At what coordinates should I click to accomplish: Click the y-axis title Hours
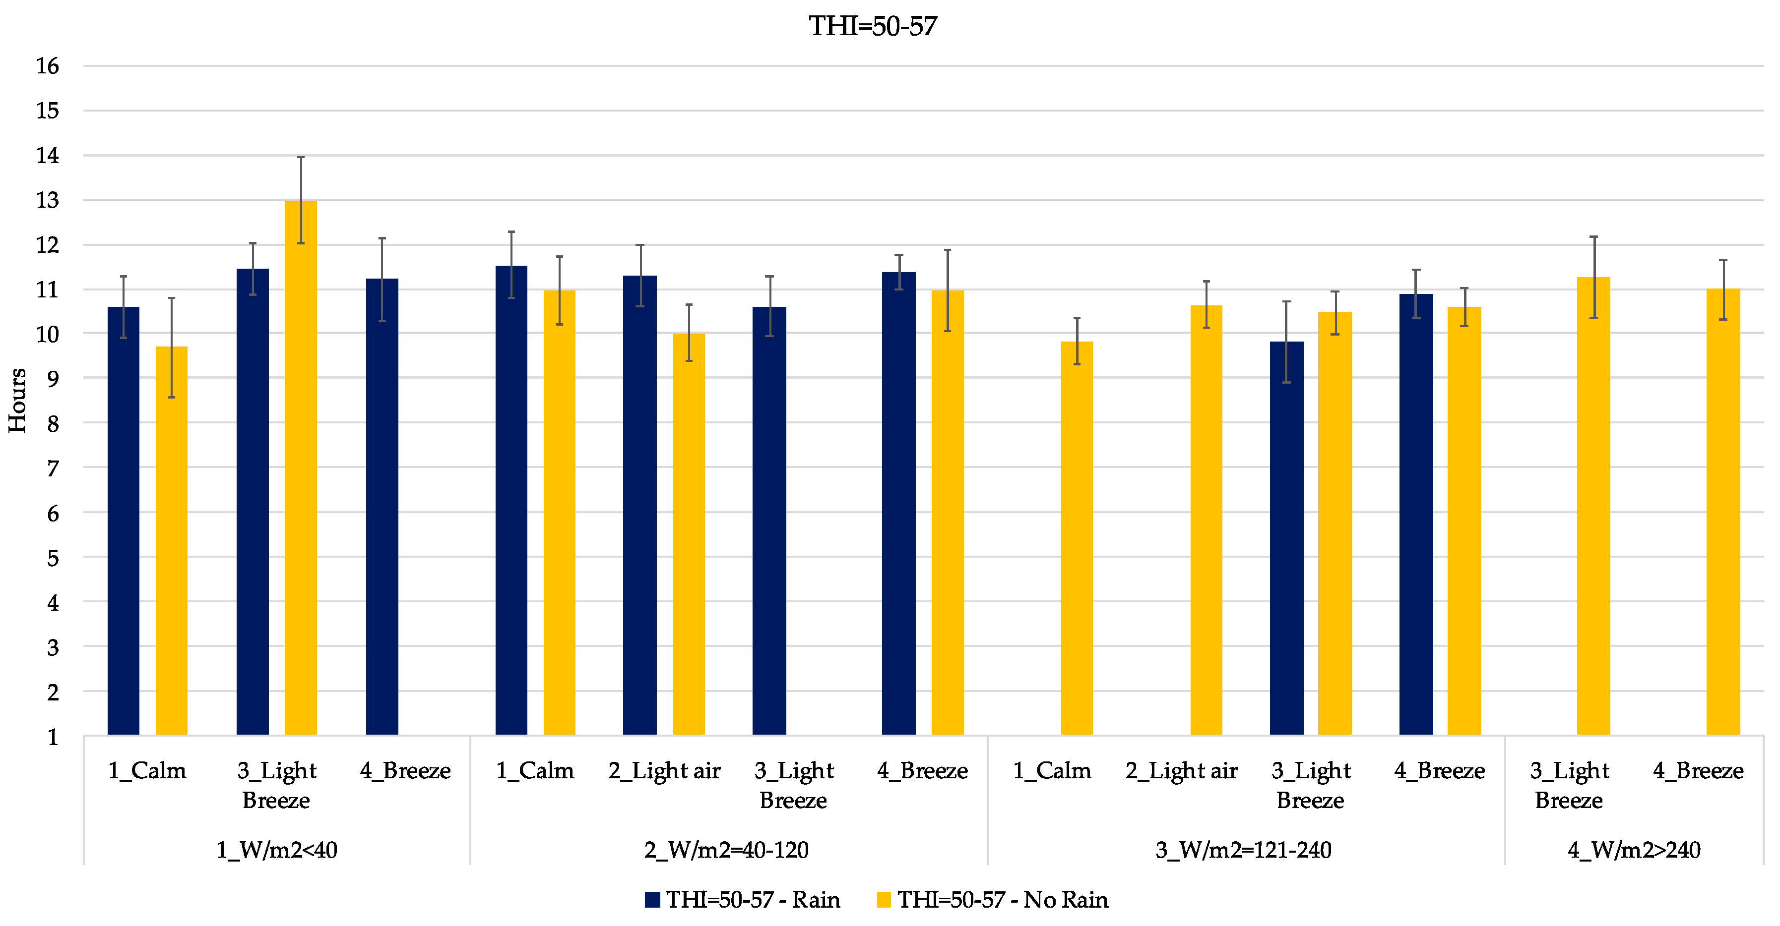pos(17,401)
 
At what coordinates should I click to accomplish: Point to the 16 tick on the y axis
pos(48,66)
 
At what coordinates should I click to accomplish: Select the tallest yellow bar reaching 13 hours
pos(301,467)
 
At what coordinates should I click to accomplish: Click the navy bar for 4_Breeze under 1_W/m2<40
pos(382,507)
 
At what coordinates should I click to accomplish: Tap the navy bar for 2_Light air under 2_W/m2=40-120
pos(640,506)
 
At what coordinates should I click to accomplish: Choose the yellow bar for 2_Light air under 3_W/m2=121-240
pos(1207,520)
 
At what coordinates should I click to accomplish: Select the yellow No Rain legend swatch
pos(884,900)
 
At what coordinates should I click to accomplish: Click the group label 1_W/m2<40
pos(277,850)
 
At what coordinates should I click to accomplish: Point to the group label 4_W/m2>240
pos(1634,850)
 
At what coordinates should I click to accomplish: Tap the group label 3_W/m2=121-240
pos(1244,850)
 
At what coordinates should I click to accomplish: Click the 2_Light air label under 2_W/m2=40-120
pos(664,771)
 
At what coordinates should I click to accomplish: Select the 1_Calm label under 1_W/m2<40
pos(147,771)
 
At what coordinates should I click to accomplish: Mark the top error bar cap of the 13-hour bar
pos(301,158)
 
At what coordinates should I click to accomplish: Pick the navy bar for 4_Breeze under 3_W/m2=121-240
pos(1416,515)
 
